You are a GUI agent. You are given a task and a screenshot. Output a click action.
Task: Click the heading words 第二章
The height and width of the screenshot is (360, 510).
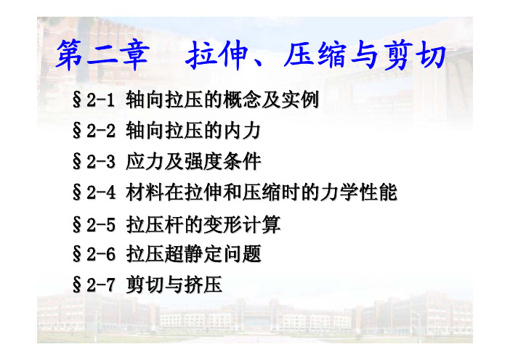click(x=102, y=55)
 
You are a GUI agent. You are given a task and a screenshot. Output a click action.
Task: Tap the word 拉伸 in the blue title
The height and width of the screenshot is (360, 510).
click(x=216, y=55)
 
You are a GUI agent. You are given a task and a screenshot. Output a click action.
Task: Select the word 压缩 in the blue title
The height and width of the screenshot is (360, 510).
click(x=315, y=54)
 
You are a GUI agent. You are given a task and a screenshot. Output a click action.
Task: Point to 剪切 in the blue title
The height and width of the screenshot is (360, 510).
click(x=414, y=54)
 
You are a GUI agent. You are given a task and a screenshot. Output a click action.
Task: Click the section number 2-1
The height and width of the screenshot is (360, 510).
click(x=101, y=99)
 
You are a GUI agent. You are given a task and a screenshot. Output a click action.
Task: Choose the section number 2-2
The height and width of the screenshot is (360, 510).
click(x=101, y=131)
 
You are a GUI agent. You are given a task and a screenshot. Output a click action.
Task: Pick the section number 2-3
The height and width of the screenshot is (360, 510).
click(x=101, y=161)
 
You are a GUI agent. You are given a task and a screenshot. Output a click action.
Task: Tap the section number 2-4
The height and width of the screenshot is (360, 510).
click(x=101, y=192)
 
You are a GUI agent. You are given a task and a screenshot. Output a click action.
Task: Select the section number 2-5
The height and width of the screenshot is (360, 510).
click(x=101, y=224)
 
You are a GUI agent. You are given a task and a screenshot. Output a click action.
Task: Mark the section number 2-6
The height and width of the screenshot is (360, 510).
click(x=101, y=254)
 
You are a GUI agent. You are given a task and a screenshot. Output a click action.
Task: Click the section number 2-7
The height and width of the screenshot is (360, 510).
click(x=101, y=285)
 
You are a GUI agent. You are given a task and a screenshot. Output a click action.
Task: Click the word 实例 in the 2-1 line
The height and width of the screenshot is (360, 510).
click(x=300, y=99)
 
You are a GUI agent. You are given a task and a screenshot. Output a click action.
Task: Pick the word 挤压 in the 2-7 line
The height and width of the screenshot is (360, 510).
click(x=203, y=285)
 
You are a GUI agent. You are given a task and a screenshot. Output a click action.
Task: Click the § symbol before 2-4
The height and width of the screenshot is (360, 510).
click(x=77, y=192)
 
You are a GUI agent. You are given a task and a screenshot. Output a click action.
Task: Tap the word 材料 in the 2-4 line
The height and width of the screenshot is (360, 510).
click(x=145, y=192)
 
